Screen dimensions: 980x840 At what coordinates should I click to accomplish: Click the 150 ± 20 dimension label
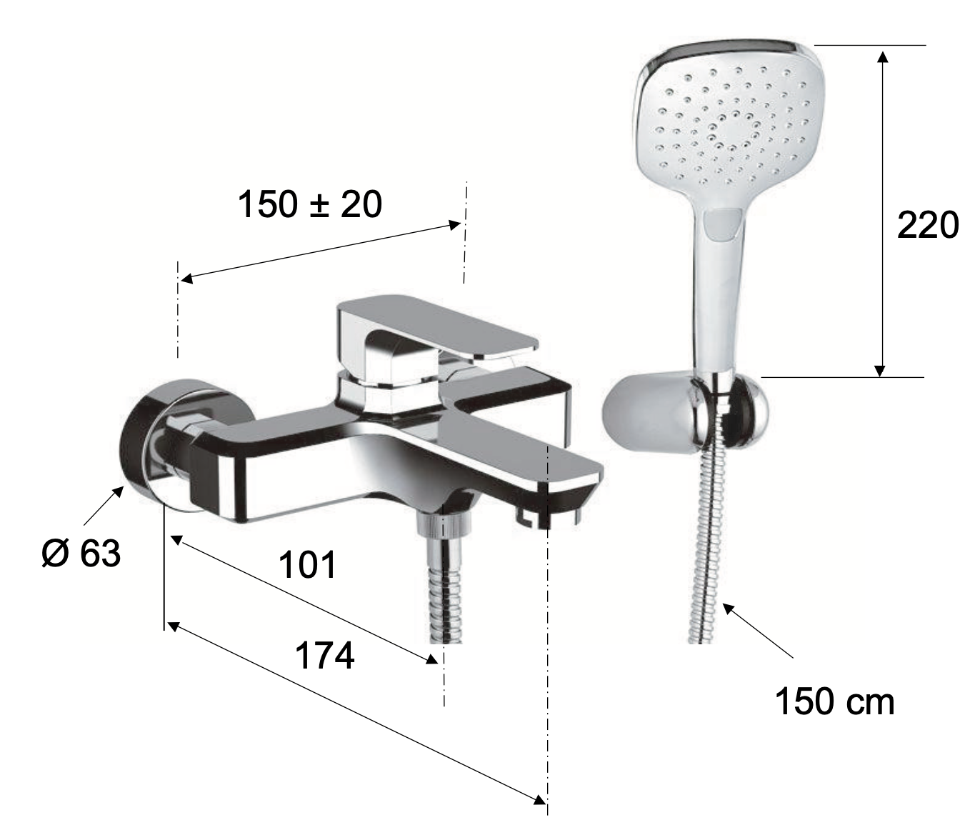click(x=309, y=204)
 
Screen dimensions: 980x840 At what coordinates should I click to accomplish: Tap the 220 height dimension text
click(x=928, y=225)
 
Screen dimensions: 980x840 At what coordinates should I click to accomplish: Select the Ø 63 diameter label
click(x=81, y=553)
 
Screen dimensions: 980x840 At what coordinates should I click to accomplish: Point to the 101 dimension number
click(x=308, y=565)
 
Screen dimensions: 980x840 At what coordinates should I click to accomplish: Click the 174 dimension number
click(x=325, y=656)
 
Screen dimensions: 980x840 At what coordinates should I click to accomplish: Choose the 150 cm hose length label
click(x=834, y=702)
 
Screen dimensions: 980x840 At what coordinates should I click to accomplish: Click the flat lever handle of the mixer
click(x=436, y=326)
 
